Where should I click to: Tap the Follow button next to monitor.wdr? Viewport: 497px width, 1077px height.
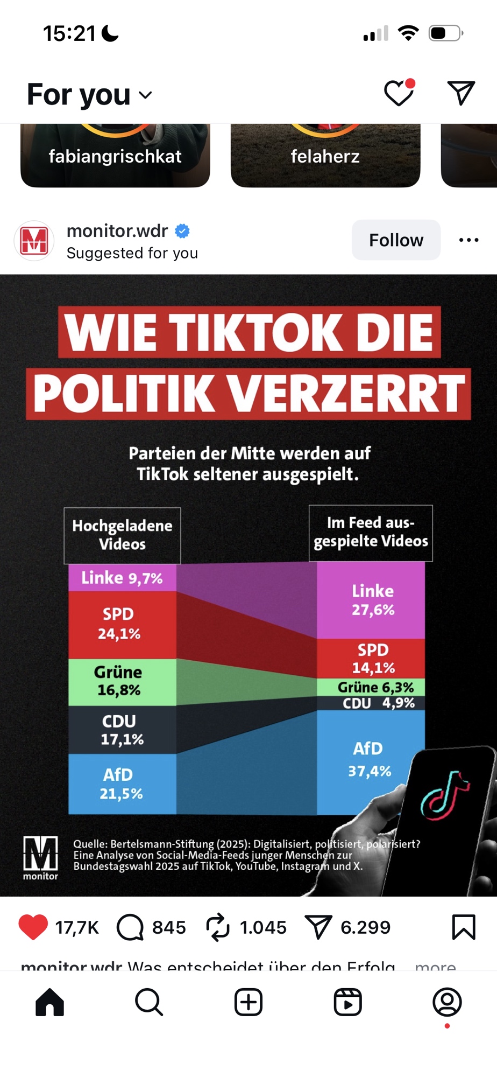click(396, 240)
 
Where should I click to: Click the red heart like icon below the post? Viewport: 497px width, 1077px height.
click(33, 927)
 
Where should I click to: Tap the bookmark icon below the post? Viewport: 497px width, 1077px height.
click(463, 927)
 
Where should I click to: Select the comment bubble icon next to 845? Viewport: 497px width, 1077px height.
click(130, 927)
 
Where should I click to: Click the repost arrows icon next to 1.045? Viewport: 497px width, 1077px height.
click(218, 927)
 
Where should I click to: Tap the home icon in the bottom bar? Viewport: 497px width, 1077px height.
click(49, 1002)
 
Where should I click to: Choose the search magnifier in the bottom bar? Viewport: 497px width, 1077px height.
click(149, 1002)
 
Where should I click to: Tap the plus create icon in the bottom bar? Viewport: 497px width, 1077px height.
click(248, 1002)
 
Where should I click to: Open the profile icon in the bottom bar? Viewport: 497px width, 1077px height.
click(447, 1002)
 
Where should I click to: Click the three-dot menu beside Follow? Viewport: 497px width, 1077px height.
click(468, 240)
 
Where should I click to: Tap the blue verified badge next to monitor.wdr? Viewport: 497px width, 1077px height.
click(182, 231)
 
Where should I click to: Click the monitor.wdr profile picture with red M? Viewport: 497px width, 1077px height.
click(34, 241)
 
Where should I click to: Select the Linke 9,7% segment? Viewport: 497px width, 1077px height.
click(122, 578)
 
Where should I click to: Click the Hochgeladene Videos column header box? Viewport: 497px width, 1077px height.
click(122, 535)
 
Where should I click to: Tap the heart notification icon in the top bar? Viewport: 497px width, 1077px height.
click(399, 93)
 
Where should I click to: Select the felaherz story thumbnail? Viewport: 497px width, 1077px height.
click(325, 156)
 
